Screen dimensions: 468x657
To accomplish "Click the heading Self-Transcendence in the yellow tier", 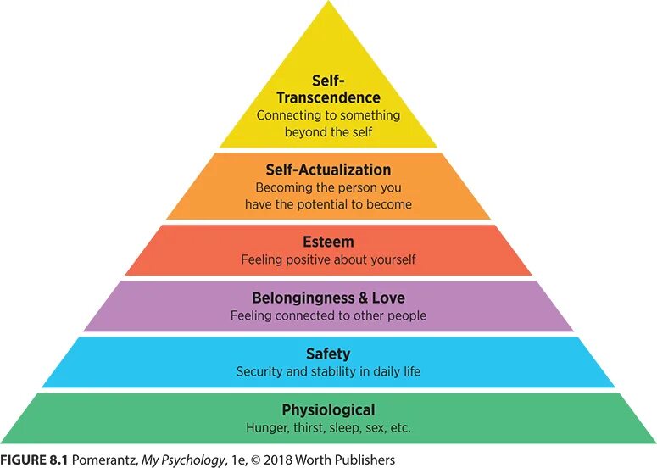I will tap(328, 90).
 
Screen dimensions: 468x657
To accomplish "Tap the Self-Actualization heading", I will tap(328, 170).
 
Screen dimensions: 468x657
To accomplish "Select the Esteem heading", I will tap(328, 242).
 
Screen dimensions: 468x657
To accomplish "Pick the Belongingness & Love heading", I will tap(328, 298).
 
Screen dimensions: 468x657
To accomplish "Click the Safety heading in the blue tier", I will tap(328, 354).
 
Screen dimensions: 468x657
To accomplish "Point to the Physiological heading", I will tap(328, 409).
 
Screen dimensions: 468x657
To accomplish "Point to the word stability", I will tap(336, 371).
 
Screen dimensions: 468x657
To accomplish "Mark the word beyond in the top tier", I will tap(303, 132).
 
